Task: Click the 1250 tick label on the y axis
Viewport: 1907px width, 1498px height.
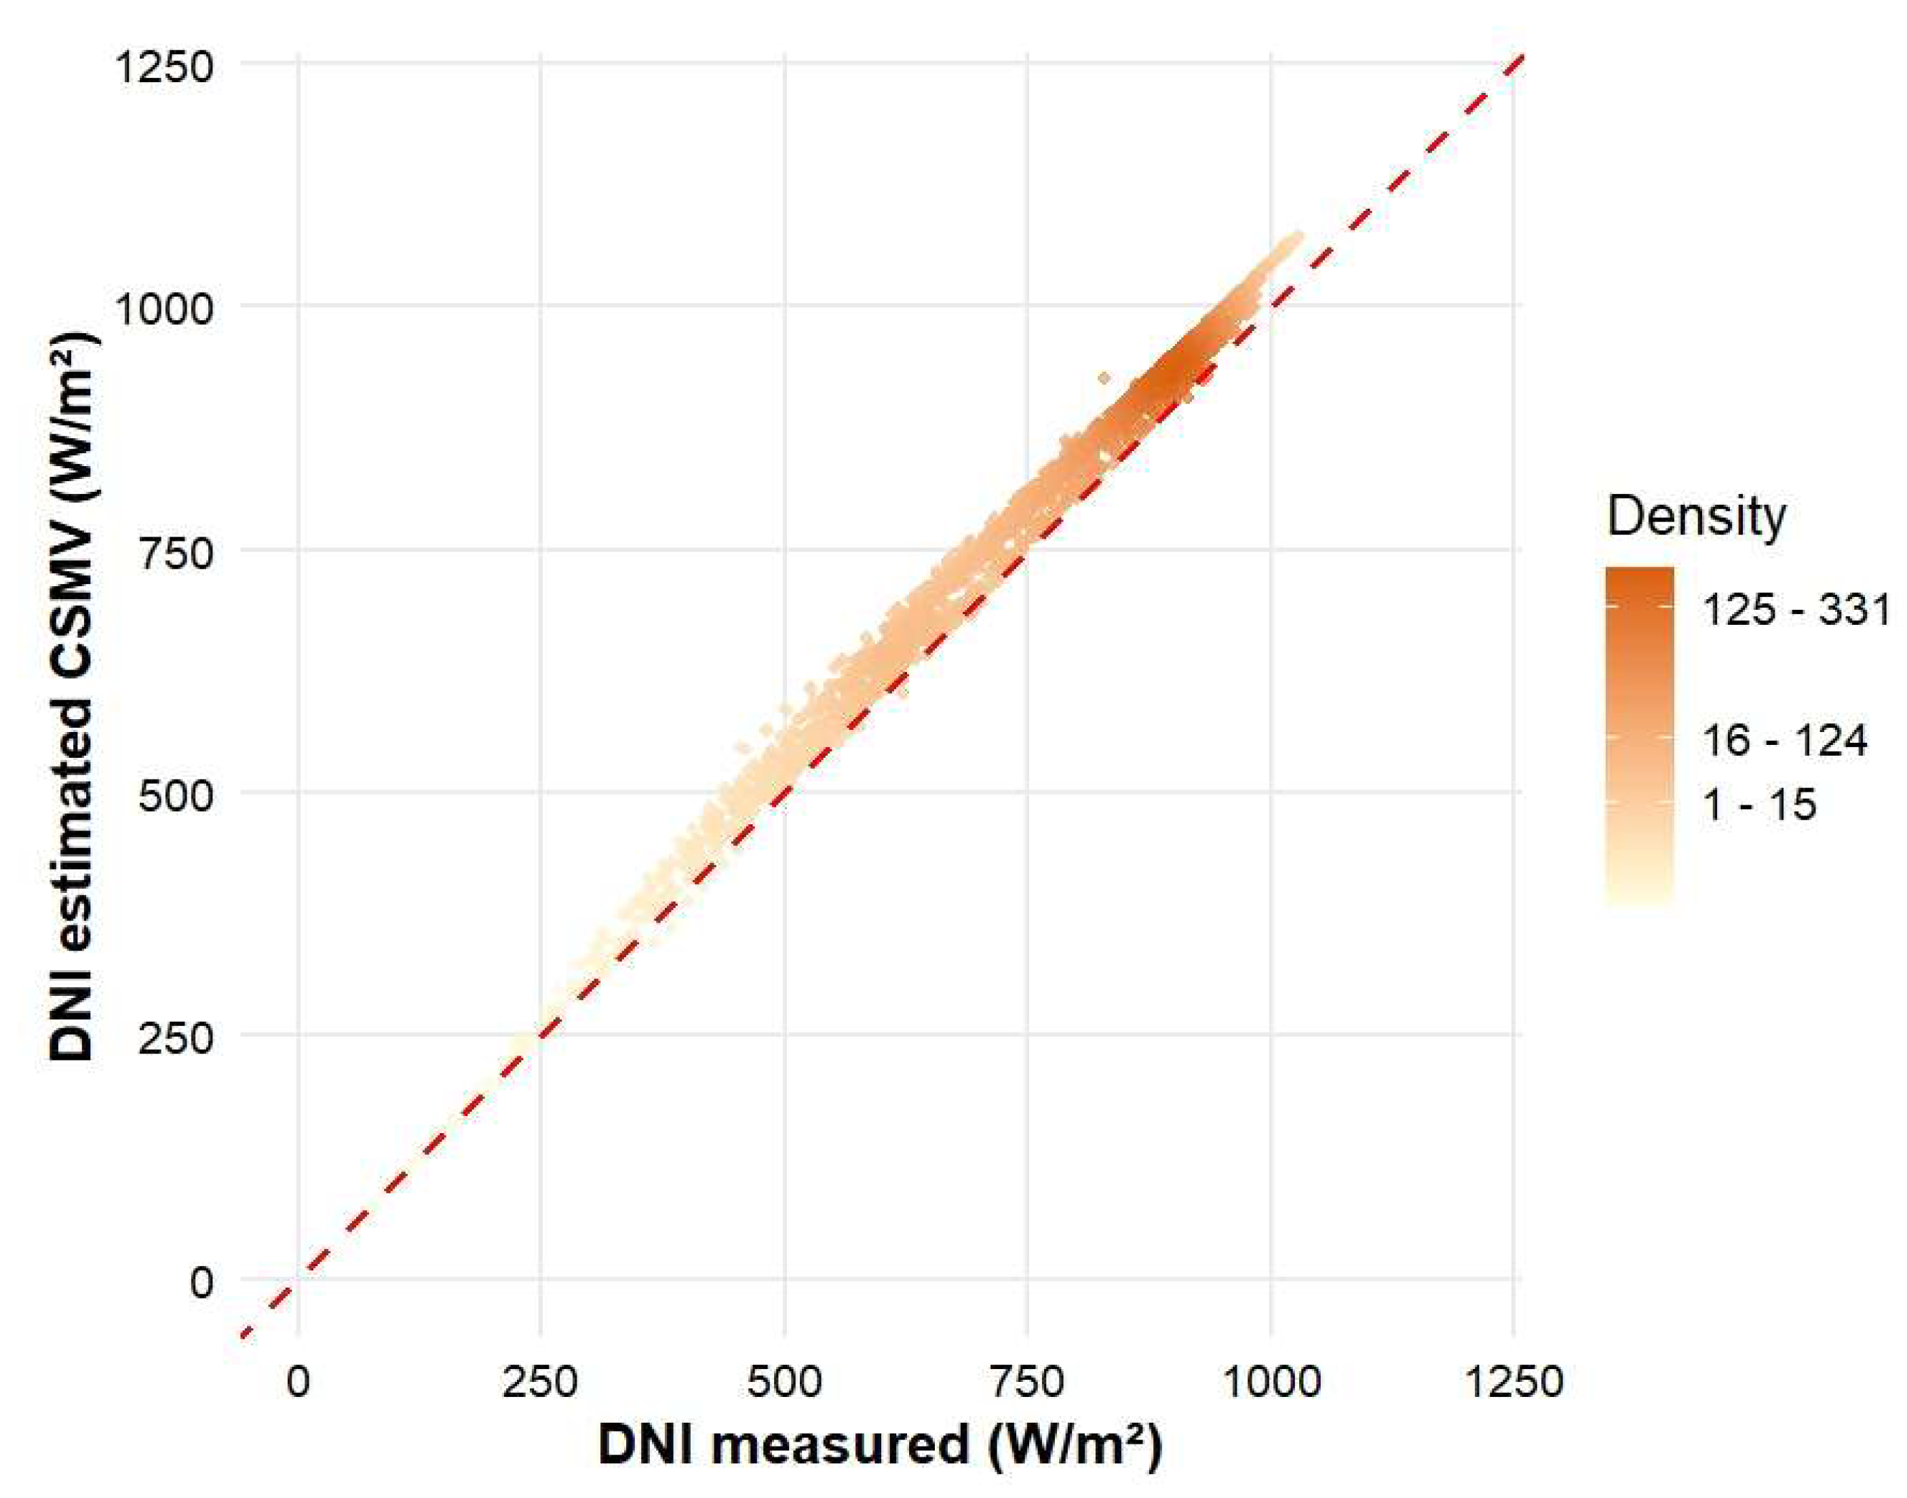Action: (x=164, y=66)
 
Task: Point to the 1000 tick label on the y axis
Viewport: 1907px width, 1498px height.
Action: (x=164, y=309)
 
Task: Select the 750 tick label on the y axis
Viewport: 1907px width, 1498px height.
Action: (x=176, y=552)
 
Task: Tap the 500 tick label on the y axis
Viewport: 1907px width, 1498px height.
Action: (x=176, y=794)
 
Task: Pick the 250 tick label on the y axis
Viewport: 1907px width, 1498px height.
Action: (x=176, y=1037)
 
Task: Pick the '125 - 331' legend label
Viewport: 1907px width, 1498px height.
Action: (x=1796, y=609)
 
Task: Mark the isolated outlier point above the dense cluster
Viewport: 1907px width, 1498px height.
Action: (x=1104, y=378)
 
